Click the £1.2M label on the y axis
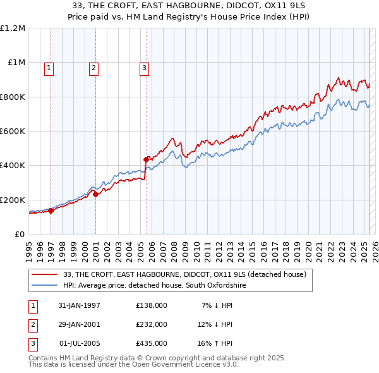coord(13,28)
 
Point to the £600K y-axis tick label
coord(13,131)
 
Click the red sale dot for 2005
coord(146,159)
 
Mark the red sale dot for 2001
coord(96,195)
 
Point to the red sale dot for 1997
coord(51,211)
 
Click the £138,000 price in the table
coord(151,305)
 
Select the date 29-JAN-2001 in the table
coord(79,324)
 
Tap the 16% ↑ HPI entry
coord(215,343)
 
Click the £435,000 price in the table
coord(151,343)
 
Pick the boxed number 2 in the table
coord(32,324)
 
